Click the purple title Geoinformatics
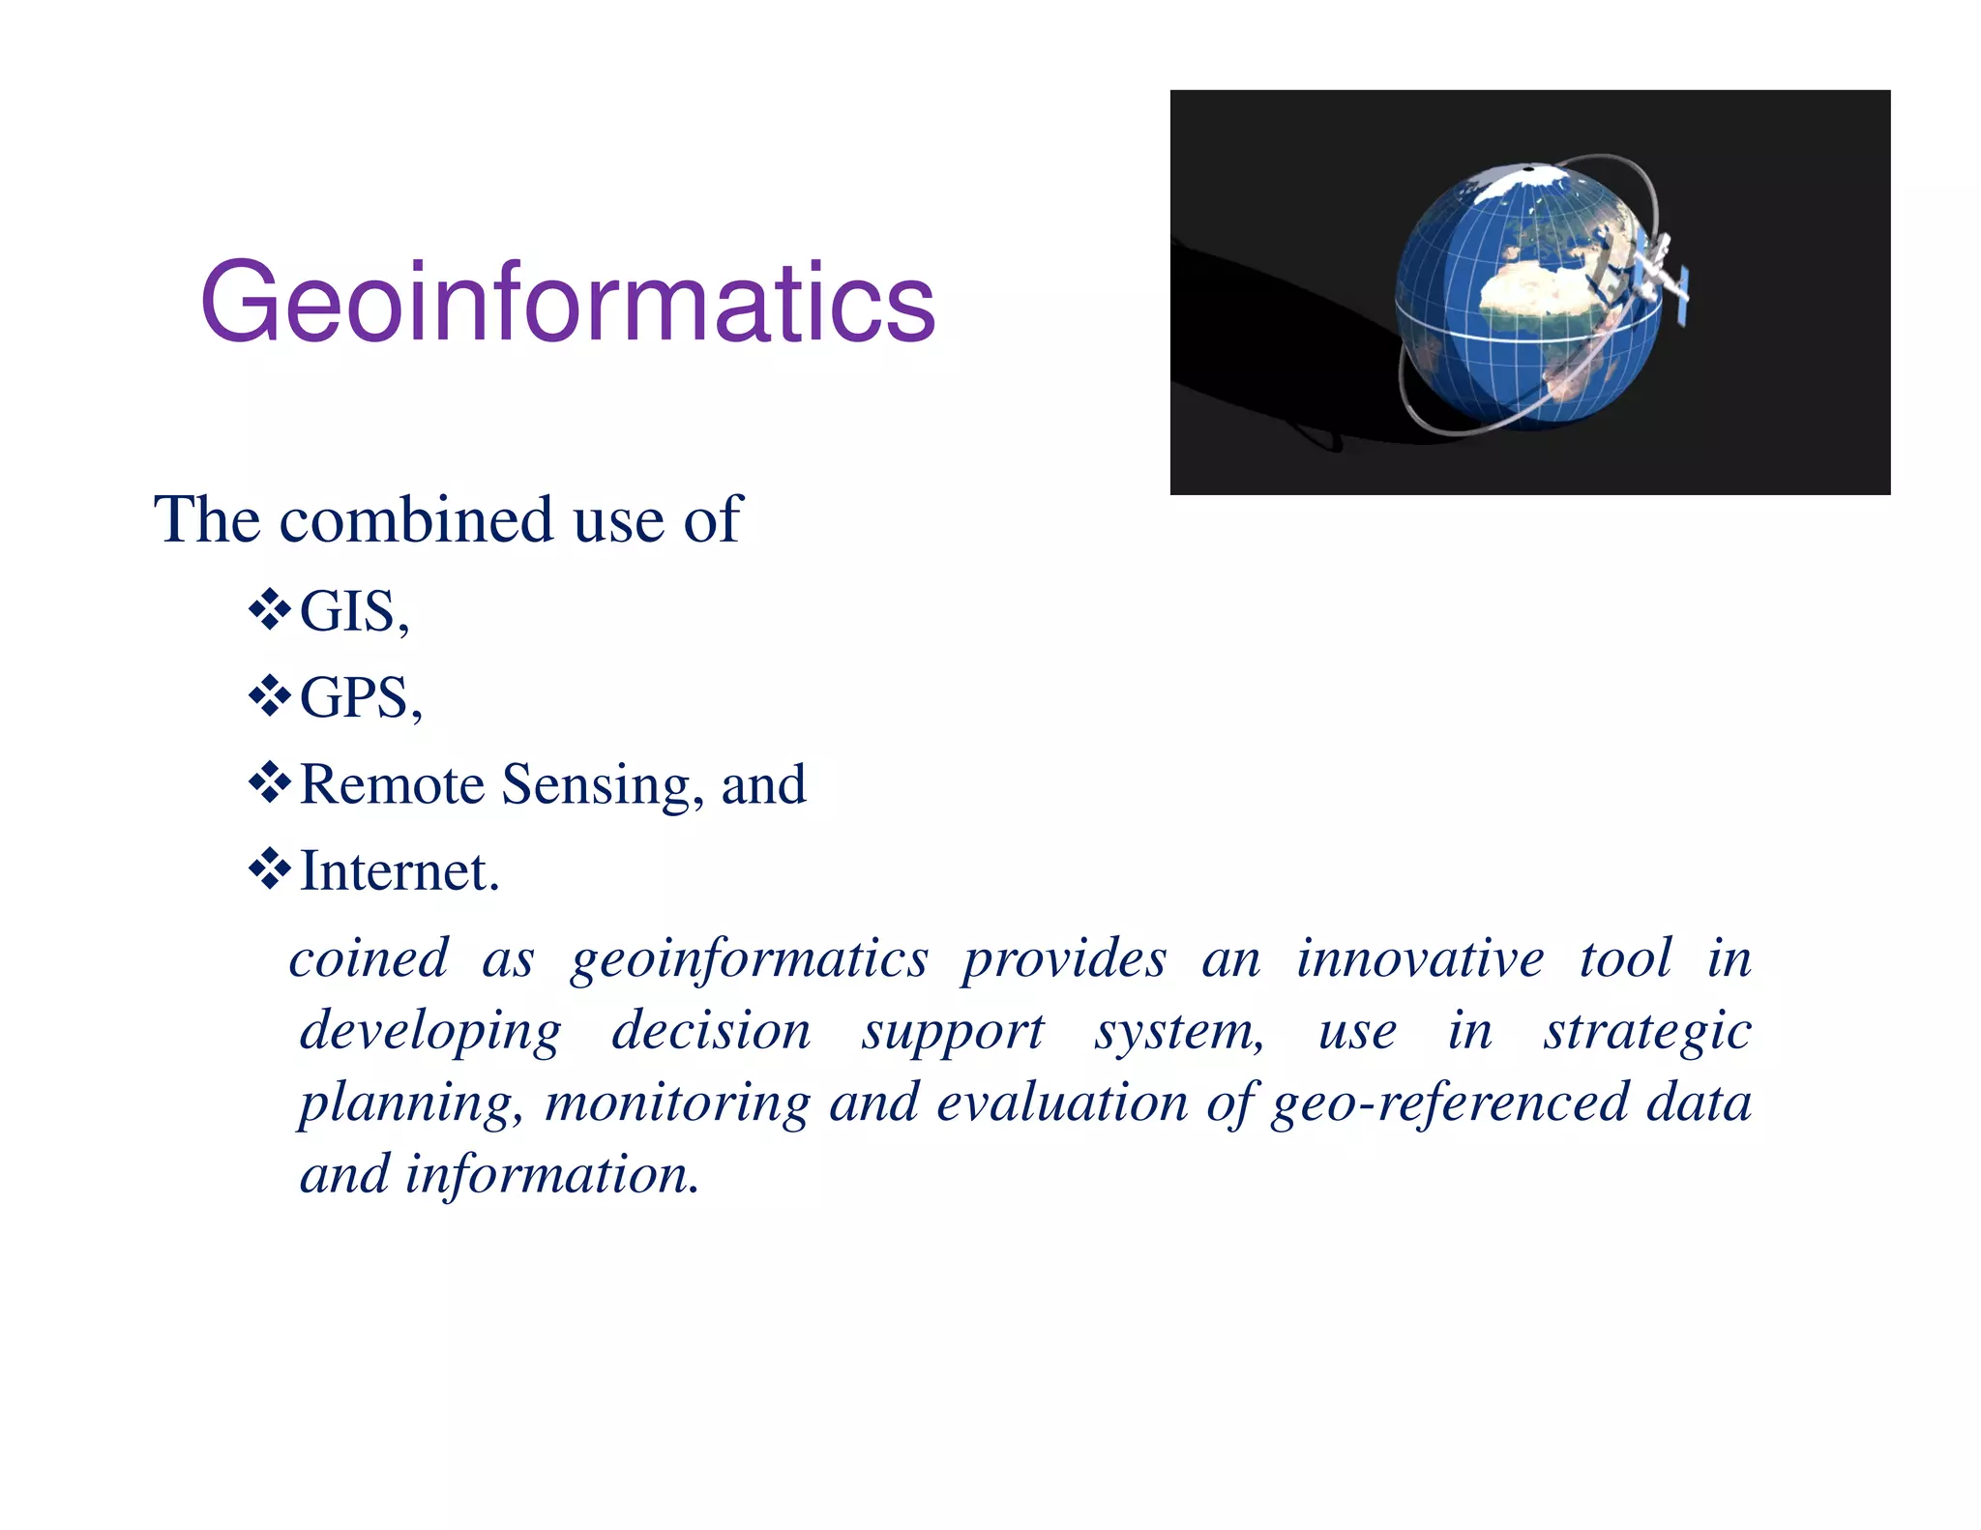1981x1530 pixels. point(568,303)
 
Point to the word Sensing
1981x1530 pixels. point(596,785)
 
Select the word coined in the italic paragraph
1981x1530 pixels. point(369,958)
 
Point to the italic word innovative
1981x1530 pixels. point(1419,958)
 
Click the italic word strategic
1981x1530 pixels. point(1646,1031)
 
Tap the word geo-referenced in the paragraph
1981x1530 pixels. point(1450,1103)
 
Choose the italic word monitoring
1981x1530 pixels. point(677,1103)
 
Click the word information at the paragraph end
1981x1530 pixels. point(550,1175)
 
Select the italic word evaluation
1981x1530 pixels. point(1061,1103)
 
